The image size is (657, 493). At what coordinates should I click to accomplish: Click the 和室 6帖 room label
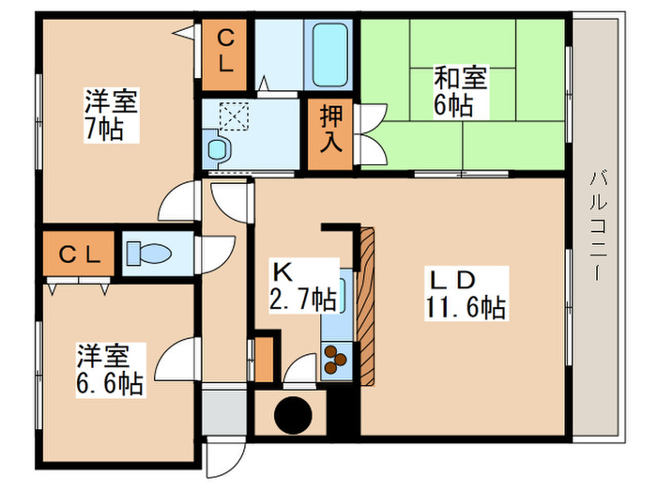click(x=461, y=90)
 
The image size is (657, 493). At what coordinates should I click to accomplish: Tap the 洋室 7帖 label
click(x=111, y=115)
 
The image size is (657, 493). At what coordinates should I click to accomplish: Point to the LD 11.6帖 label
click(x=467, y=293)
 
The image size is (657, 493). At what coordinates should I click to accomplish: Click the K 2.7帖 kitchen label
click(x=303, y=286)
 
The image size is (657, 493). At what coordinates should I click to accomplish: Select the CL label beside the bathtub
click(x=226, y=51)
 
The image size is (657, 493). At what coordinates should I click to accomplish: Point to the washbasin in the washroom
click(x=218, y=148)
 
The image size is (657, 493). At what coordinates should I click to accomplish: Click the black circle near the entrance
click(x=291, y=413)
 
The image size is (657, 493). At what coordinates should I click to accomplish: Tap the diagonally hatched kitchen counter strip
click(x=365, y=305)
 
